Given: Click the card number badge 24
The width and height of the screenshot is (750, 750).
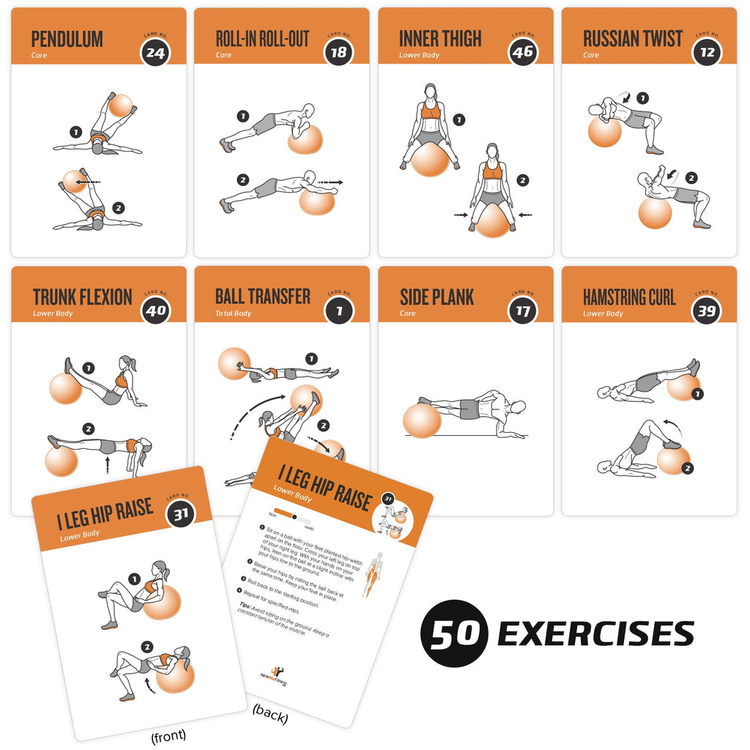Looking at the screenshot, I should click(x=155, y=51).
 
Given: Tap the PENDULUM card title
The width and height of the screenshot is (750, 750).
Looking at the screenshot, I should click(x=67, y=39).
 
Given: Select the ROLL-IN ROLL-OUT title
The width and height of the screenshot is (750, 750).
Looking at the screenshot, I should click(x=262, y=39).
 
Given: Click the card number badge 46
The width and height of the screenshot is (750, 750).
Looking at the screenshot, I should click(x=522, y=51).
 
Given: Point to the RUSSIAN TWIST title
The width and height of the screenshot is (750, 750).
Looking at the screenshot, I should click(x=633, y=39).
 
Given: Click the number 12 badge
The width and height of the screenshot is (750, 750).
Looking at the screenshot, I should click(x=707, y=51).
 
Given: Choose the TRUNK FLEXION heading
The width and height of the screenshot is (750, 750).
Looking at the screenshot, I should click(x=82, y=297).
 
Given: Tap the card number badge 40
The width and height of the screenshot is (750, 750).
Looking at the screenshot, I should click(x=155, y=310).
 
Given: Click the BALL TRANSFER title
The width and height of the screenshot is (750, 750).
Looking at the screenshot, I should click(x=262, y=297).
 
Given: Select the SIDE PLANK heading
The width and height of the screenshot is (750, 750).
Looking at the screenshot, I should click(x=437, y=297).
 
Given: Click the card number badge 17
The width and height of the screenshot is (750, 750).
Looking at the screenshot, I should click(x=522, y=310).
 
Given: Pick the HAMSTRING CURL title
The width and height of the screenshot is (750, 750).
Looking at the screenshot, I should click(x=629, y=297).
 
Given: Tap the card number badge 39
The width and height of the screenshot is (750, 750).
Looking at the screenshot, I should click(x=707, y=310).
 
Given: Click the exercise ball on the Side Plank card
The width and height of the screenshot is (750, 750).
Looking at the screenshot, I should click(x=422, y=420).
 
